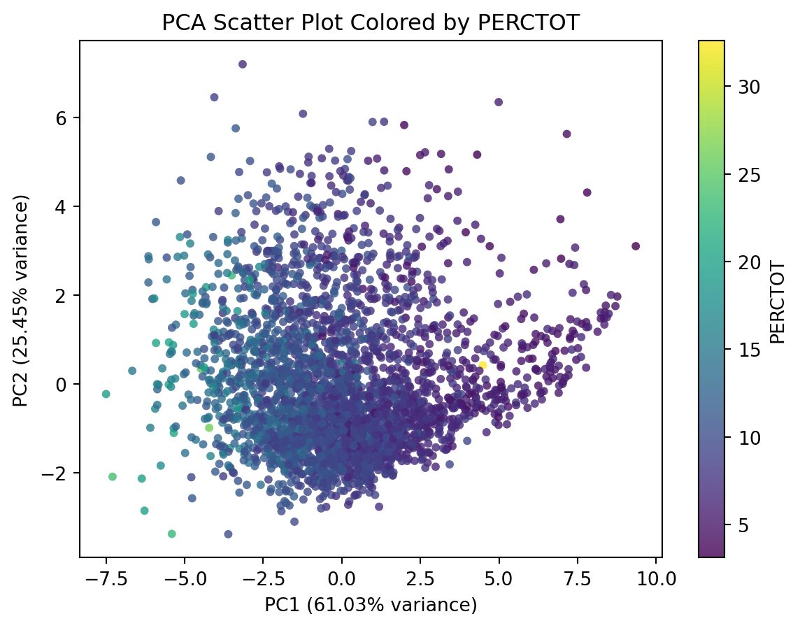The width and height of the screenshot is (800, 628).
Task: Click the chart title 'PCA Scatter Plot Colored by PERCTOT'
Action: [371, 23]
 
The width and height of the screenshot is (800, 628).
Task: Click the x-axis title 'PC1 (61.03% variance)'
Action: [371, 605]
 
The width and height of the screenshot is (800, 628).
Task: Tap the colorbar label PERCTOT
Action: [776, 302]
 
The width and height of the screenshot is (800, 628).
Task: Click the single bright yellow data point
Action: [483, 365]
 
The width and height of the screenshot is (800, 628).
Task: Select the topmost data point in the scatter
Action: [243, 64]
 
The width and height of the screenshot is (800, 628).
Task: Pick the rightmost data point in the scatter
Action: [635, 246]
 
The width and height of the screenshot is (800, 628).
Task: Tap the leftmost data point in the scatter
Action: [106, 394]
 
